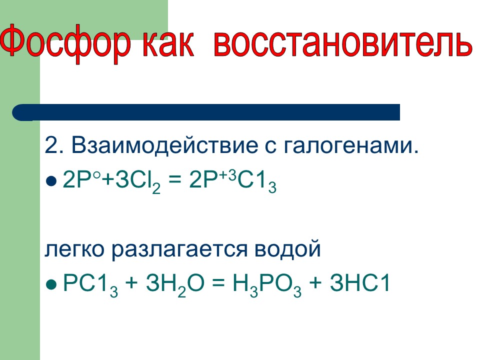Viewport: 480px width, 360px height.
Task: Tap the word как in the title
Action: click(168, 44)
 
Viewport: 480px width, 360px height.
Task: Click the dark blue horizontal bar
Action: click(206, 112)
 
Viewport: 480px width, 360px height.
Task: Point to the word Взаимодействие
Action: click(165, 144)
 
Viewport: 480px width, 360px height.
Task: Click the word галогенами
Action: click(351, 145)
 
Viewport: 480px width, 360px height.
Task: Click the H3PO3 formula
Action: click(267, 285)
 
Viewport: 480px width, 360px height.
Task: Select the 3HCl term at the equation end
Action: click(359, 282)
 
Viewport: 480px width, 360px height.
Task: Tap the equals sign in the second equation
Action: click(218, 283)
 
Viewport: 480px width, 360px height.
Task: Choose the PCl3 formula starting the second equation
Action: click(90, 285)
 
